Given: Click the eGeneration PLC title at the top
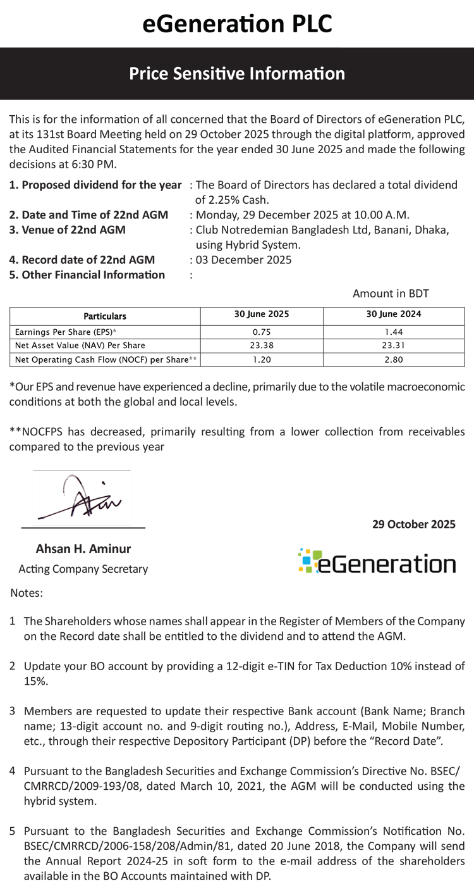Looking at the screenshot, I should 237,23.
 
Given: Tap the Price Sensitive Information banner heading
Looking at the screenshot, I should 237,74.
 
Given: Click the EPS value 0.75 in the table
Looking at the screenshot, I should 261,332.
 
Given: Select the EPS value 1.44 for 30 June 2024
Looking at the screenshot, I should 393,332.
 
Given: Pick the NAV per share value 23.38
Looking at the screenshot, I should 261,346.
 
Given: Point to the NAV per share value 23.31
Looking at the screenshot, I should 393,346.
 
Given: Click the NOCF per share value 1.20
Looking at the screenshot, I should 261,359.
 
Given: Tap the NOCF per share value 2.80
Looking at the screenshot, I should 393,359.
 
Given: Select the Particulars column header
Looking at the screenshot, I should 105,316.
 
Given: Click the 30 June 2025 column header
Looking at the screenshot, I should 261,315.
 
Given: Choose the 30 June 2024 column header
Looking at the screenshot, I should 393,315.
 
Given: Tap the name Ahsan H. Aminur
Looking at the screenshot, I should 83,549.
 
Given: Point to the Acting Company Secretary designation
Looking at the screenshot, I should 83,569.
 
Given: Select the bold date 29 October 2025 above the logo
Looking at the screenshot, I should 413,524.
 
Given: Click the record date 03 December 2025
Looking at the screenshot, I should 244,259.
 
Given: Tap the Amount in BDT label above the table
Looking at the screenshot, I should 391,294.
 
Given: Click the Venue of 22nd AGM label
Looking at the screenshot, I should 67,230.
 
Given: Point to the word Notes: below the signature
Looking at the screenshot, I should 27,594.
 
